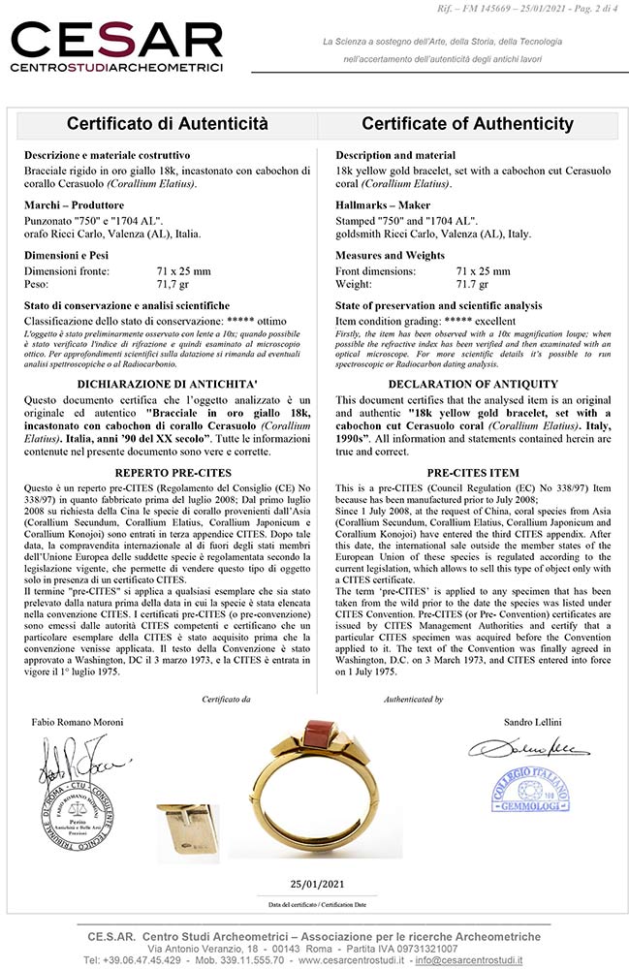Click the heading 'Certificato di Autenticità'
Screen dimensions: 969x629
click(167, 124)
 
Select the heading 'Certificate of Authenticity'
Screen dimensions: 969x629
click(467, 124)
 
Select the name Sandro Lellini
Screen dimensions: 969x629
click(534, 723)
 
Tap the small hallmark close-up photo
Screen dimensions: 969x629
click(188, 806)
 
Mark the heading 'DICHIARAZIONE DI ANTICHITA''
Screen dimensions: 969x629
click(164, 384)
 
